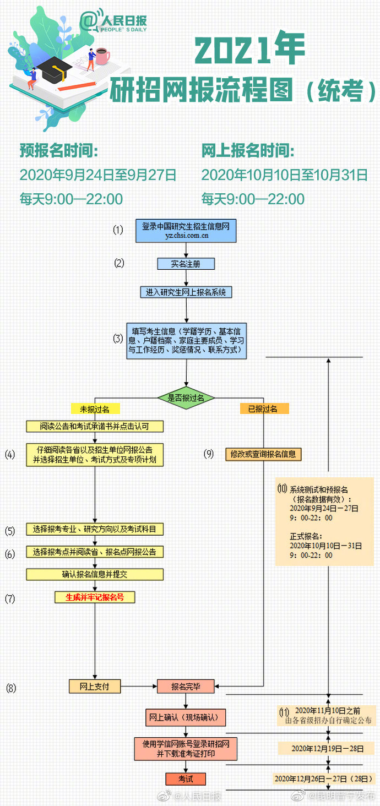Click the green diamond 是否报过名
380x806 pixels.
pos(186,397)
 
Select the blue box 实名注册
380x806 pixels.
pos(186,264)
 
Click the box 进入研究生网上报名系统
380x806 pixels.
pos(186,292)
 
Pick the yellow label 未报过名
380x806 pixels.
pos(95,409)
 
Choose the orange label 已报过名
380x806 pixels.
pos(264,409)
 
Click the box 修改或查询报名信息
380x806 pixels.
pos(264,454)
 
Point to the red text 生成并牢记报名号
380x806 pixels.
pos(95,596)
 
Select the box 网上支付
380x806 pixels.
pos(95,686)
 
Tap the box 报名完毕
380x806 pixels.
pos(186,686)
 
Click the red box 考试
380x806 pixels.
pos(186,778)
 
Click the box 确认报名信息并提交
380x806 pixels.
pos(95,574)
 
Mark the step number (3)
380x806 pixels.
pos(118,339)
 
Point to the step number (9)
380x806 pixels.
pos(209,454)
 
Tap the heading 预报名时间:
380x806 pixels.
pos(58,150)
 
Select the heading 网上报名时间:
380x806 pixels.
pos(247,150)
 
